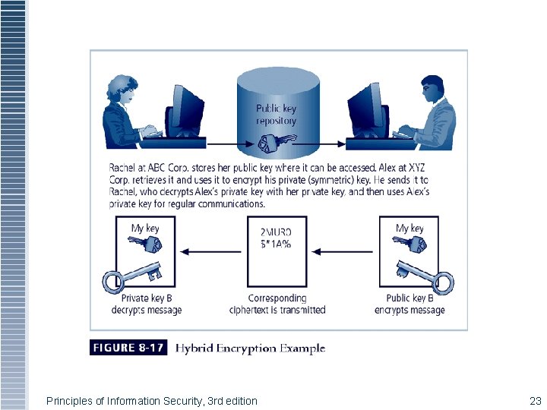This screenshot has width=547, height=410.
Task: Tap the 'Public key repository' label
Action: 277,115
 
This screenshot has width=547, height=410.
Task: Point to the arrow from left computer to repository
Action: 221,144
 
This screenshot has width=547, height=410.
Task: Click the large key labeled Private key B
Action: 132,276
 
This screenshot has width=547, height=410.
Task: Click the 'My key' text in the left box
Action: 145,228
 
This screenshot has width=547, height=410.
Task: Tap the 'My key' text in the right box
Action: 409,228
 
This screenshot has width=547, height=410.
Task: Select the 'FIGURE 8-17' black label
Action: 127,348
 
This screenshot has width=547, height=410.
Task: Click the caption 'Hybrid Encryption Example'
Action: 251,348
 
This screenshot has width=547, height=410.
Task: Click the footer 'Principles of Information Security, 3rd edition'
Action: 152,400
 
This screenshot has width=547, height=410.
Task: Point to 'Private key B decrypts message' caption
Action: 146,304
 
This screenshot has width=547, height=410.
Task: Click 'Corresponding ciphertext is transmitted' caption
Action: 277,304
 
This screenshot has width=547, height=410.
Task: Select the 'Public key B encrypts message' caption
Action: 409,304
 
